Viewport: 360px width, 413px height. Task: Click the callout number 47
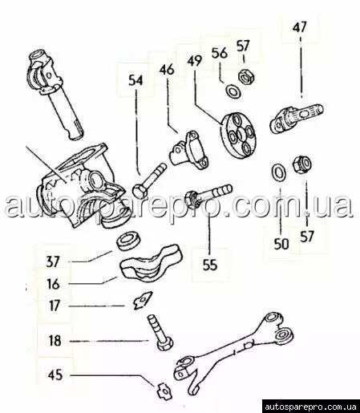(x=299, y=27)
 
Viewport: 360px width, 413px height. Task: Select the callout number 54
(x=136, y=80)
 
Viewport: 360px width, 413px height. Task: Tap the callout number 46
(x=167, y=70)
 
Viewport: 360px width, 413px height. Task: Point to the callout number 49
(x=194, y=61)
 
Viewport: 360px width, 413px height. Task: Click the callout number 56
(x=220, y=53)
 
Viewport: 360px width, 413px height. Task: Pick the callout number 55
(x=210, y=265)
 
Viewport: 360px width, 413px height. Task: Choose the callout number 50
(x=281, y=244)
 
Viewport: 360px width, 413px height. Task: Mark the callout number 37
(x=52, y=261)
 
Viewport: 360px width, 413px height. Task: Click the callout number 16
(x=53, y=284)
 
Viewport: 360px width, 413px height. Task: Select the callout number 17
(x=54, y=306)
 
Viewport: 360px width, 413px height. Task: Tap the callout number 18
(x=55, y=341)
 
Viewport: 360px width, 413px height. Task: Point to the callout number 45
(x=55, y=375)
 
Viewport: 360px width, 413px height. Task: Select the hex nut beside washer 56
(x=246, y=76)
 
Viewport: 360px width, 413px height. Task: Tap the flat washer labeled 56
(x=233, y=91)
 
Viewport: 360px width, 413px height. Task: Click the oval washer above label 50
(x=278, y=171)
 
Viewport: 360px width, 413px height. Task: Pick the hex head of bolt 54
(x=140, y=190)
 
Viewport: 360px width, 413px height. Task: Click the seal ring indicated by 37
(x=128, y=241)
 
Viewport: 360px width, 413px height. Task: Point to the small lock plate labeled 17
(x=142, y=300)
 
